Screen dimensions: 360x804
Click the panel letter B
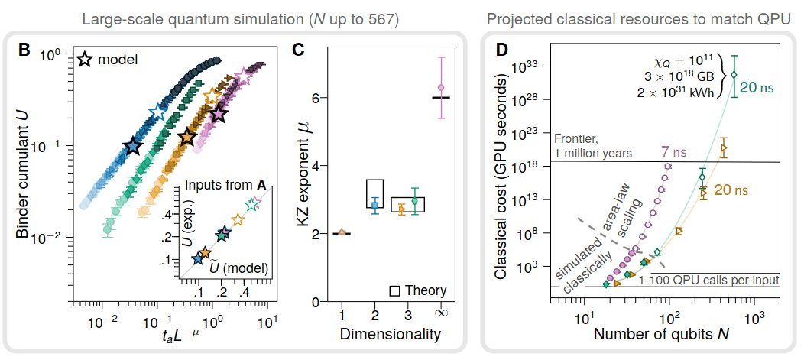pos(24,51)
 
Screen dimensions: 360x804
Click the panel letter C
pos(299,51)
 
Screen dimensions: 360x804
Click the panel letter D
pos(503,51)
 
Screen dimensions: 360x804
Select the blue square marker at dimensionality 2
pos(374,206)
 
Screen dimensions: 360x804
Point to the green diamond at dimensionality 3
pos(415,201)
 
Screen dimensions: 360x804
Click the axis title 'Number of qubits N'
pos(658,334)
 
